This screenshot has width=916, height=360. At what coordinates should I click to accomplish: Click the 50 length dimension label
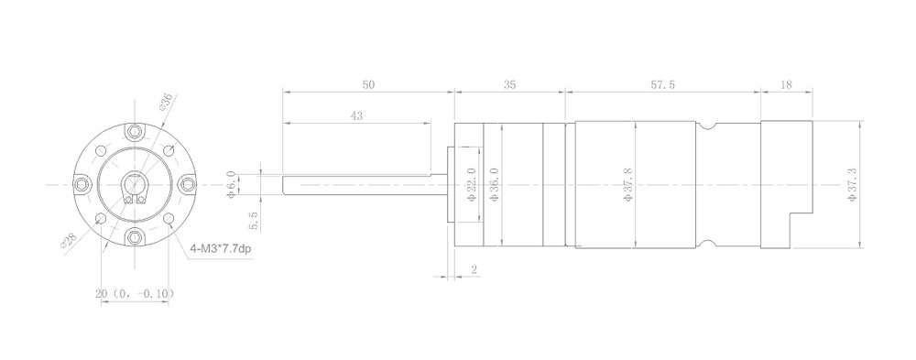[368, 85]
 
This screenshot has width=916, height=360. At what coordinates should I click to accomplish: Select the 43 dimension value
[356, 116]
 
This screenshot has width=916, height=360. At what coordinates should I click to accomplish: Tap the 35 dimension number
[509, 85]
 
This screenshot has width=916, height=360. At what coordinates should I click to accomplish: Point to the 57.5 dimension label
[663, 85]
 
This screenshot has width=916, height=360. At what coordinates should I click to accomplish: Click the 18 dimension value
[786, 85]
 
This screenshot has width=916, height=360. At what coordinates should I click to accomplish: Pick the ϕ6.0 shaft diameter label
[232, 185]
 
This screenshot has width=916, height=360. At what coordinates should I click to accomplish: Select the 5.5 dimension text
[254, 222]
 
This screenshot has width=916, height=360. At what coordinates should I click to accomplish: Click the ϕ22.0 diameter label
[472, 185]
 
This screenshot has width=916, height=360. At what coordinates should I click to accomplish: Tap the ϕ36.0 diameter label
[494, 185]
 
